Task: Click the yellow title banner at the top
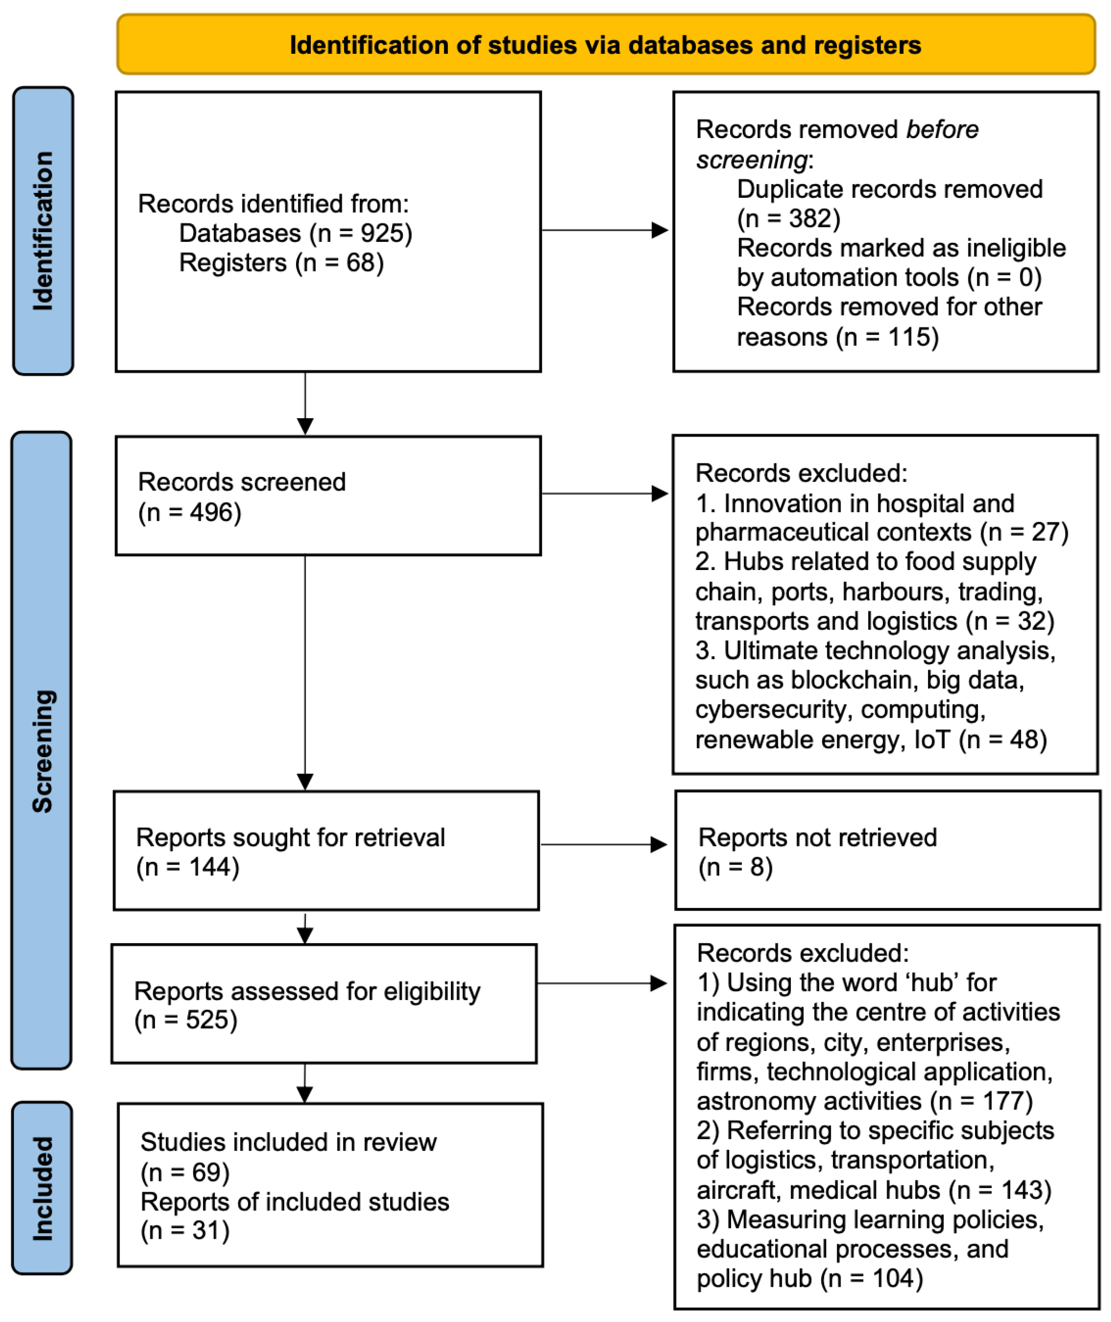point(606,44)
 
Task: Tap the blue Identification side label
point(43,231)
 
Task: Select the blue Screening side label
point(41,750)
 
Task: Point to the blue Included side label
point(42,1188)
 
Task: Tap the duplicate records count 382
point(810,219)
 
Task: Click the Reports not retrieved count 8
point(756,867)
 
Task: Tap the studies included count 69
point(207,1172)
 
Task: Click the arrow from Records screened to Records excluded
point(605,493)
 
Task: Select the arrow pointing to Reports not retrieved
point(604,844)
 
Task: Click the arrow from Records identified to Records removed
point(605,231)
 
